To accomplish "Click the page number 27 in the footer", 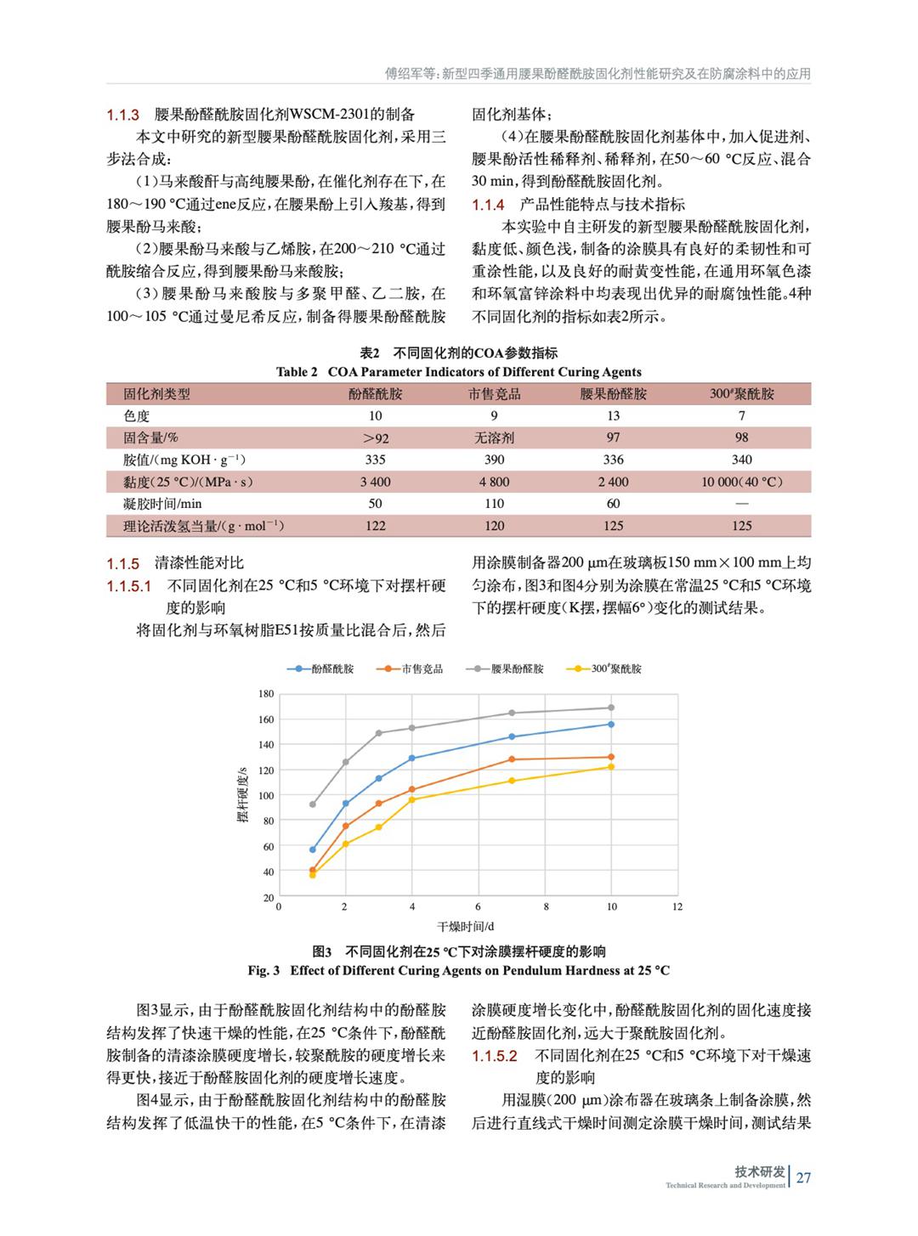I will (803, 1177).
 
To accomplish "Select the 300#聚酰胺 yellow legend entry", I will (608, 669).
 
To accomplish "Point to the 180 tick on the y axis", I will (266, 694).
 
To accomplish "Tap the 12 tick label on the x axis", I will (677, 907).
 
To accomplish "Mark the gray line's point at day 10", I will (611, 708).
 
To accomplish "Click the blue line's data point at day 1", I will (313, 849).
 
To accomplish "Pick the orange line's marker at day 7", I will (512, 759).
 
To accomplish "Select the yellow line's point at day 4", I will (412, 799).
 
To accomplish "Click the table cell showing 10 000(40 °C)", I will (741, 483).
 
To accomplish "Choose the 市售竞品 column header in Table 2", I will (494, 394).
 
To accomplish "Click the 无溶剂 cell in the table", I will (494, 438).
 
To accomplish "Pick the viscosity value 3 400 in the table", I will (375, 483).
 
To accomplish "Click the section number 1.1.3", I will (122, 115).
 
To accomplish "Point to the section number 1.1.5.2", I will (495, 1056).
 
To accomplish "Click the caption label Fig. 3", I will (263, 970).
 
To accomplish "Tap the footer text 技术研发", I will (760, 1171).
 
